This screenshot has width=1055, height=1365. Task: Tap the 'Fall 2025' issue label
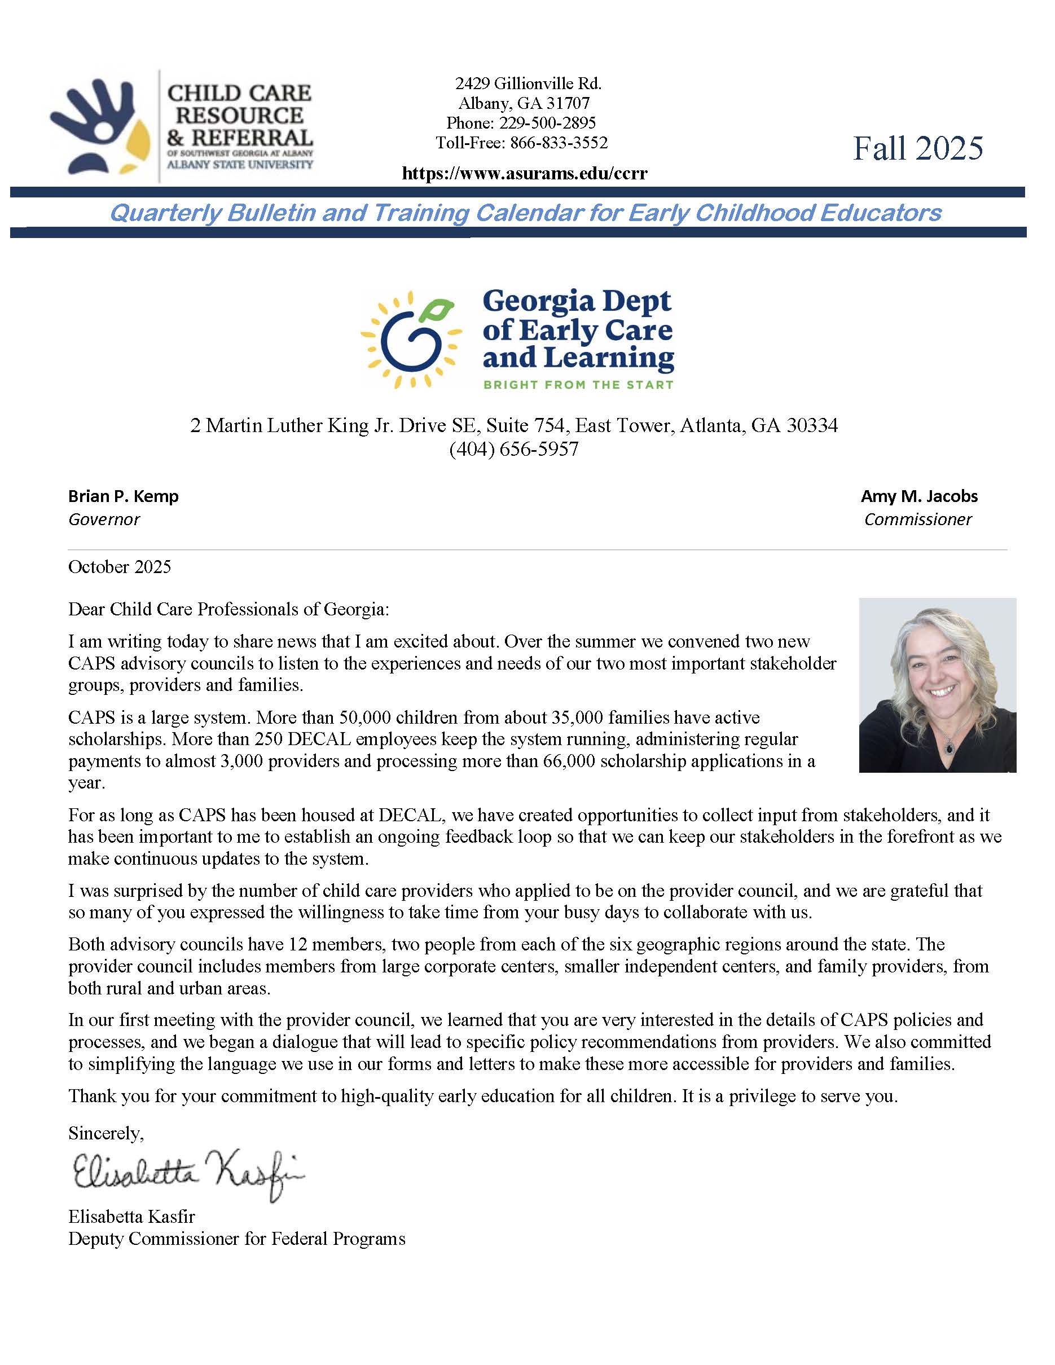917,149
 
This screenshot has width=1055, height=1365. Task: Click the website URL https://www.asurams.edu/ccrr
524,173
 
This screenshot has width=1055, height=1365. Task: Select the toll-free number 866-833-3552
559,143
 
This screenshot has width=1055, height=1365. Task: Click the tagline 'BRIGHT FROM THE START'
578,384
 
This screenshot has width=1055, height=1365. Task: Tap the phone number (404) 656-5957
514,449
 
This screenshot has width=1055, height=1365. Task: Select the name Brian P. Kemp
123,496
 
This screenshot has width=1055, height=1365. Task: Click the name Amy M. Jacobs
918,496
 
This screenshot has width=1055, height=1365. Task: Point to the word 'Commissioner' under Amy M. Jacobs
917,519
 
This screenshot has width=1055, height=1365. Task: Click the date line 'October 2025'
120,567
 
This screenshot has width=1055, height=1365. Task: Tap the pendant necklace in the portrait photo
950,746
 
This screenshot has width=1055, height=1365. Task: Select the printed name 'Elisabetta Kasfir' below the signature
131,1216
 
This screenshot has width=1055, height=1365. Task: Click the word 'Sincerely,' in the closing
105,1133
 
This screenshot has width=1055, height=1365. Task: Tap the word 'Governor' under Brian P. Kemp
104,519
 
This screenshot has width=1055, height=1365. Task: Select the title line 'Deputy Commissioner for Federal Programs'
236,1239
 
